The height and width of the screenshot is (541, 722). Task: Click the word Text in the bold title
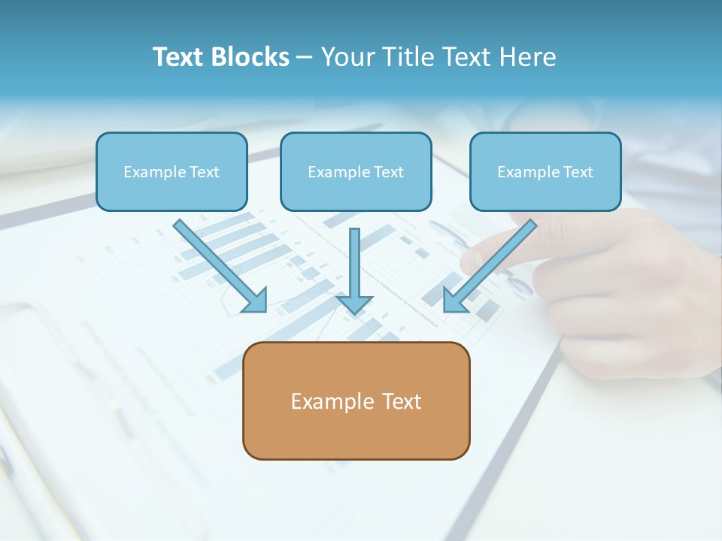point(177,57)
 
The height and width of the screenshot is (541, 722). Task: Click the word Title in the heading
point(406,57)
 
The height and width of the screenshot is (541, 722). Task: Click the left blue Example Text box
point(171,171)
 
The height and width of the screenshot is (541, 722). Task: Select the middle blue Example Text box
point(356,171)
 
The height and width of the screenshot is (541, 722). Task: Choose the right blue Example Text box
point(545,171)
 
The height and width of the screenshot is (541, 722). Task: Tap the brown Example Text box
point(356,400)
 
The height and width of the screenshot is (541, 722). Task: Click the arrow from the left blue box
point(218,263)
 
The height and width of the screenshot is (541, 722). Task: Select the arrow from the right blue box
point(493,263)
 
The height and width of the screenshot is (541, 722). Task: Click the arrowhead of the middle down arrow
point(354,304)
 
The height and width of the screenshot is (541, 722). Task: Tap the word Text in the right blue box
point(578,172)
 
